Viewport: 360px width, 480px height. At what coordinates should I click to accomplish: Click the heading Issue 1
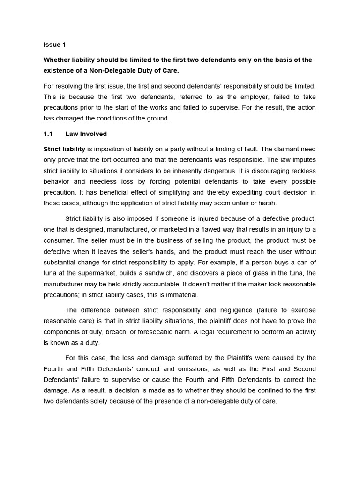54,45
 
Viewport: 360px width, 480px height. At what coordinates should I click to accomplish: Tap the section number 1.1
48,134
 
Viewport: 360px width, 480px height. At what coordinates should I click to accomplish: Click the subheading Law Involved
86,134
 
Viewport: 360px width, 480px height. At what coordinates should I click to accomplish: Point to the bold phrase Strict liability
64,149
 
